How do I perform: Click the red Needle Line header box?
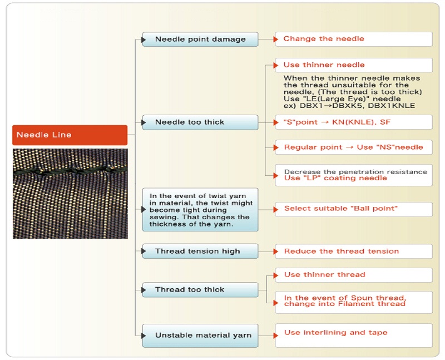[70, 135]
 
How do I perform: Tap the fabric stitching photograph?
[70, 193]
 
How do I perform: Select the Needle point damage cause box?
[200, 40]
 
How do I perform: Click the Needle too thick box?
[200, 122]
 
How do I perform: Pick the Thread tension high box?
[200, 251]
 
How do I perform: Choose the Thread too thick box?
[200, 290]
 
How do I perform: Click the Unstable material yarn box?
[200, 336]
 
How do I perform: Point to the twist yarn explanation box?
[200, 210]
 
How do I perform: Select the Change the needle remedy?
[354, 39]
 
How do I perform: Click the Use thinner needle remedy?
[354, 65]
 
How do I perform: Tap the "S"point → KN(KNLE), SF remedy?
[354, 122]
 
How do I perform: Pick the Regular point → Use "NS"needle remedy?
[354, 147]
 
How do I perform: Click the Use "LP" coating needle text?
[335, 178]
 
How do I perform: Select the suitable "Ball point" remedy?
[354, 209]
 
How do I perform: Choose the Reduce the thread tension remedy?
[354, 251]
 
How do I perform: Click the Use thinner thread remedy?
[354, 275]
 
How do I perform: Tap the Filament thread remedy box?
[354, 302]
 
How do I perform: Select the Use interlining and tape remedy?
[354, 335]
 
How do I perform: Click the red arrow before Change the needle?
[276, 40]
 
